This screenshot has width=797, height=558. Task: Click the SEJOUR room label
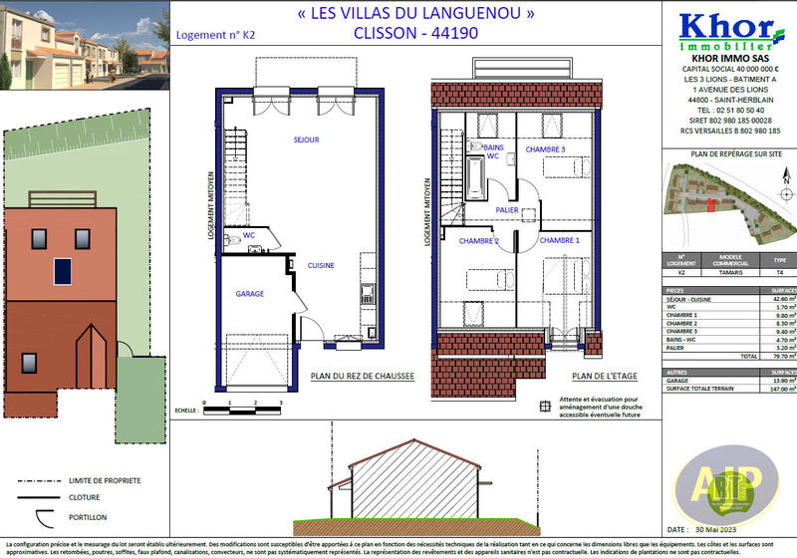click(306, 140)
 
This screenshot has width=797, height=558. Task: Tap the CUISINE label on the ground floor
click(320, 266)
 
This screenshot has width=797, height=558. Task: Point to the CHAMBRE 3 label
click(546, 149)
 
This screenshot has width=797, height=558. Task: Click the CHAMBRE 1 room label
click(559, 241)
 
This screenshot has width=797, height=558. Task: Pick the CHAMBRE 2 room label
click(478, 241)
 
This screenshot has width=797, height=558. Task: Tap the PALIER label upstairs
click(506, 210)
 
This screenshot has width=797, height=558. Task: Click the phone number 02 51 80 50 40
click(724, 110)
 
